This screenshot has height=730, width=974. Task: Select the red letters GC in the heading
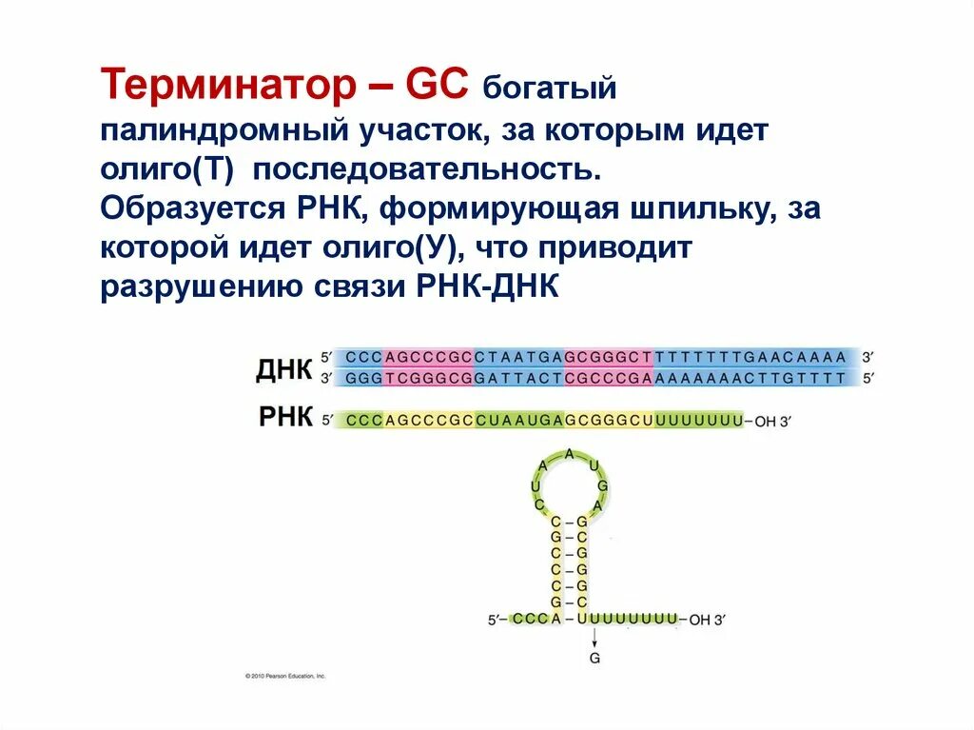[x=437, y=87]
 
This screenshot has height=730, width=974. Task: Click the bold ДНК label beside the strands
[x=283, y=370]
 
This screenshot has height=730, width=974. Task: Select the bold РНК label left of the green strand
[x=285, y=418]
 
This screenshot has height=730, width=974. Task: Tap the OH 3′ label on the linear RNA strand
[x=773, y=420]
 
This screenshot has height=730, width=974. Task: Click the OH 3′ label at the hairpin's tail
[x=707, y=620]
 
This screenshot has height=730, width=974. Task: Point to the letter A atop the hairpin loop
[x=569, y=454]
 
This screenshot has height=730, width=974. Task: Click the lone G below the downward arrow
[x=594, y=658]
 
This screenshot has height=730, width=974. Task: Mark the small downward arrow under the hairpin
[x=594, y=639]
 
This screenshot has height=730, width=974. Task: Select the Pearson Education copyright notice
[x=285, y=676]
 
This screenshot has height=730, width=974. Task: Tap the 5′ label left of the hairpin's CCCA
[x=495, y=620]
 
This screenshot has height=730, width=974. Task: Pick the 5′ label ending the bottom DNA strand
[x=867, y=378]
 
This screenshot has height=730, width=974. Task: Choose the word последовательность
[x=426, y=171]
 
